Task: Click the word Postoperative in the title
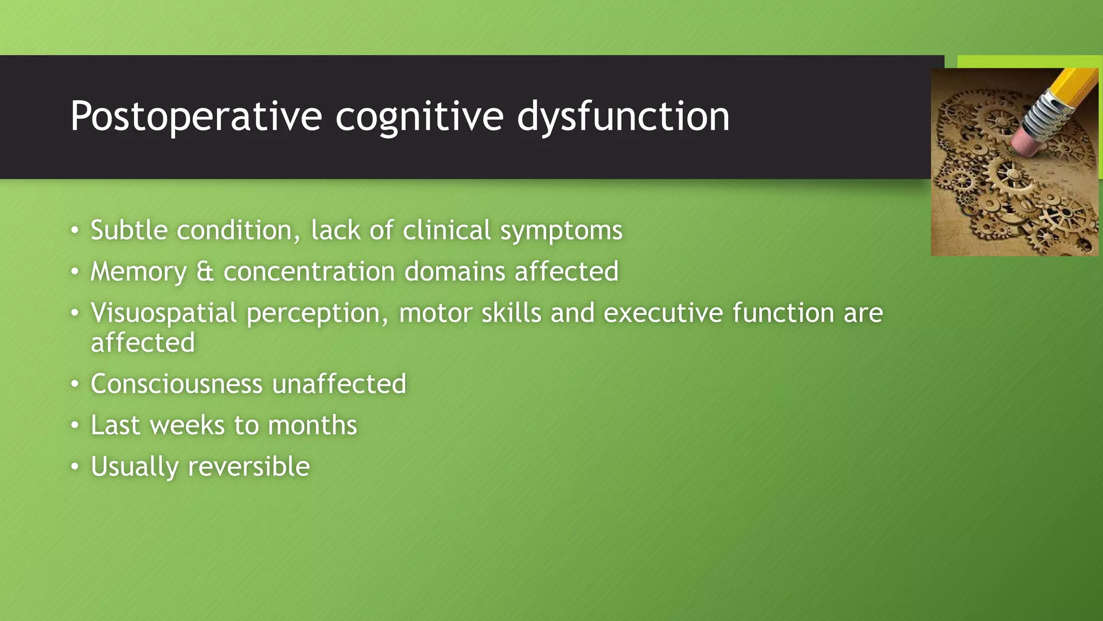tap(196, 116)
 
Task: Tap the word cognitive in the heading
tap(420, 116)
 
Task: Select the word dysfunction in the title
tap(623, 116)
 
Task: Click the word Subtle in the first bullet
tap(129, 230)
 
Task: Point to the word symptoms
tap(561, 231)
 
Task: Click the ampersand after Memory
tap(205, 271)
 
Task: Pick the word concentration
tap(309, 271)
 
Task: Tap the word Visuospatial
tap(163, 313)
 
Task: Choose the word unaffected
tap(339, 384)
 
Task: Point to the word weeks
tap(187, 425)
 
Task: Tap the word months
tap(312, 425)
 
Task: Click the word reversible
tap(249, 466)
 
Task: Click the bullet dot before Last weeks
tap(75, 426)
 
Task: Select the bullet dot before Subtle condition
tap(75, 231)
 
